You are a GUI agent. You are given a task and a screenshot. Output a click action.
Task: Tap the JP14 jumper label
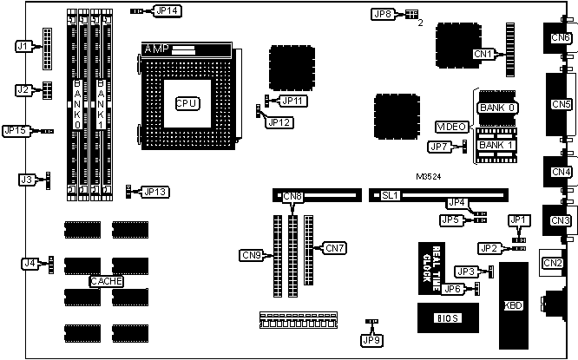click(x=165, y=11)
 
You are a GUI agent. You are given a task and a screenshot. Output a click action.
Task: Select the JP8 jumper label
click(x=383, y=14)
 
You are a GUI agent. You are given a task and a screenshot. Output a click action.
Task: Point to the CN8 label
click(x=292, y=197)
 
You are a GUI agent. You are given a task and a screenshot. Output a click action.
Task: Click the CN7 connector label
click(x=334, y=249)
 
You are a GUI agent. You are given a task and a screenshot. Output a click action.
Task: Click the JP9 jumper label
click(x=371, y=340)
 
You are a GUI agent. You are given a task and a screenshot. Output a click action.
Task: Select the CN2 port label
click(x=552, y=263)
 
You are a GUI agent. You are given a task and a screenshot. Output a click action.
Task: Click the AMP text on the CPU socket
click(x=157, y=48)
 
